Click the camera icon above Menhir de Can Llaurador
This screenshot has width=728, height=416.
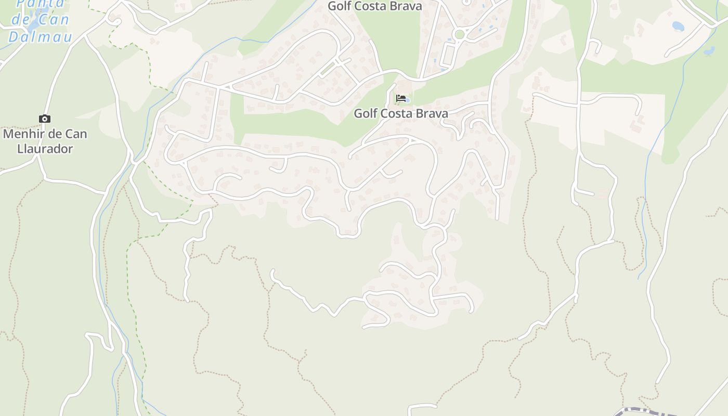tap(45, 119)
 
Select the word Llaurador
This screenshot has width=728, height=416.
tap(45, 149)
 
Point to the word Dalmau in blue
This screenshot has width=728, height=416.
tap(40, 37)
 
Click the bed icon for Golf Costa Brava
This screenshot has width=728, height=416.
tap(400, 98)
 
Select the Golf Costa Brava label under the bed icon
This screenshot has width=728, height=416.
tap(400, 113)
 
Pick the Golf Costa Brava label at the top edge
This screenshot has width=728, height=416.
tap(374, 6)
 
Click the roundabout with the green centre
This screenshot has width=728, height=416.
tap(459, 35)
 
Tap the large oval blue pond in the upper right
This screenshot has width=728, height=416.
tap(678, 25)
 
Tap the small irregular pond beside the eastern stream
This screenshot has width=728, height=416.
tap(709, 51)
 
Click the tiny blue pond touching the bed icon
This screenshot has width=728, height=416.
tap(407, 100)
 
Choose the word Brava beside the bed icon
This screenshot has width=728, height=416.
tap(431, 113)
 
